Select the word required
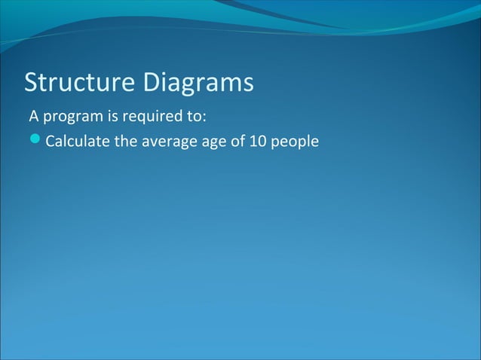coord(142,118)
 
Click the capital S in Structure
coord(32,83)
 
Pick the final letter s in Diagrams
coord(247,84)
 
